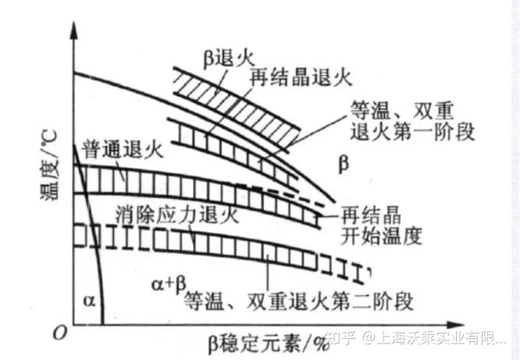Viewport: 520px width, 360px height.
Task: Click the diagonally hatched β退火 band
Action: pos(234,105)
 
